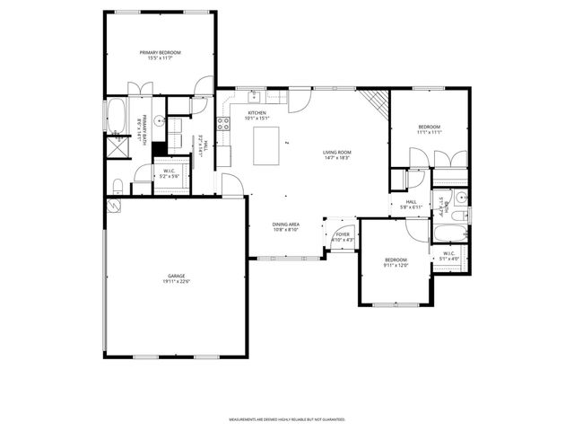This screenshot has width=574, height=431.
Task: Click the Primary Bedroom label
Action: tap(161, 53)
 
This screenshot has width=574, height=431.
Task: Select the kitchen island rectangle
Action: tap(267, 145)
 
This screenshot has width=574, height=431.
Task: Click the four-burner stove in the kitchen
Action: tap(223, 126)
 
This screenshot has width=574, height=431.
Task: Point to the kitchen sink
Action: tap(255, 93)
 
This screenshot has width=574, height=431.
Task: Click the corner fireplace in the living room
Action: tap(380, 103)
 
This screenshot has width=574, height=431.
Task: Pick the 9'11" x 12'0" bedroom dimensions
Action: tap(396, 264)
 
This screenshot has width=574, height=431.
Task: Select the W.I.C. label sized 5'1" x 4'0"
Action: tap(450, 254)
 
